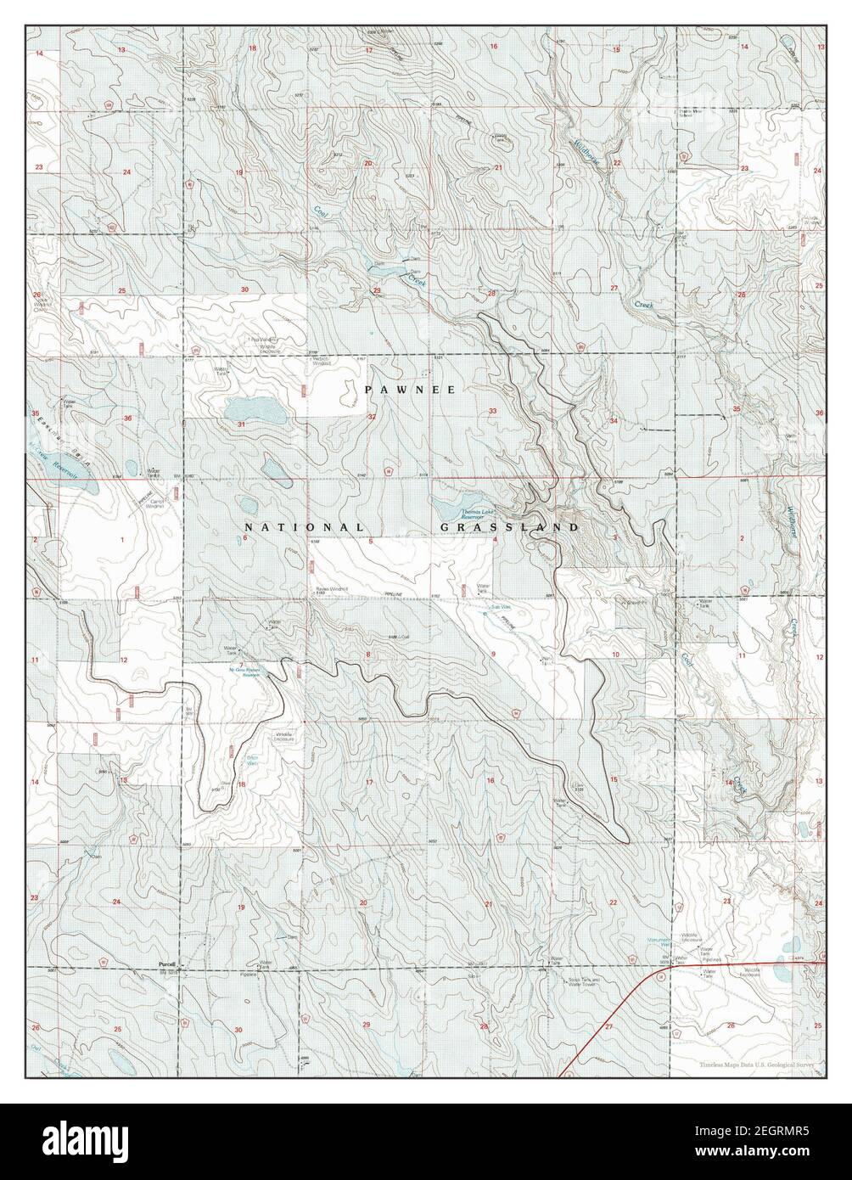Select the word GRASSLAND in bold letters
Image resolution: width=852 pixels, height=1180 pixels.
point(509,527)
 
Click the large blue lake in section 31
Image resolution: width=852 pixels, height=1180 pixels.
point(255,410)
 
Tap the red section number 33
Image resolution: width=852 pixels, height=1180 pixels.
point(492,411)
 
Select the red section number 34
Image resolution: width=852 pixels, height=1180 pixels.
point(613,421)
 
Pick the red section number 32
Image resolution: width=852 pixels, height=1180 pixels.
point(371,418)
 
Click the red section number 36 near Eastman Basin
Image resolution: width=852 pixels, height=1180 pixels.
point(126,419)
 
